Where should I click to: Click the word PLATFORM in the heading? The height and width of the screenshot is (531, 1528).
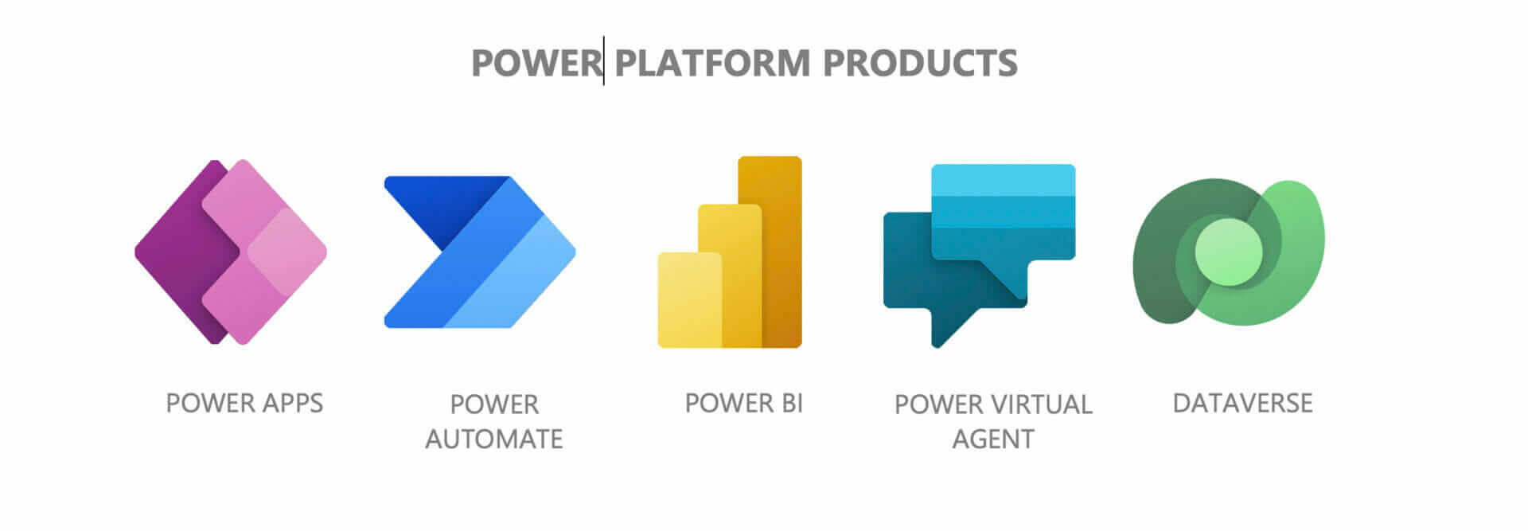click(x=712, y=63)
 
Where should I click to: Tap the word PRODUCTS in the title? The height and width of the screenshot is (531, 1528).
click(x=920, y=63)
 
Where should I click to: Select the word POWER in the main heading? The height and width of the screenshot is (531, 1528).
click(x=536, y=63)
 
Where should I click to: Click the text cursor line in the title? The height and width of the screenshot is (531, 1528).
click(x=603, y=61)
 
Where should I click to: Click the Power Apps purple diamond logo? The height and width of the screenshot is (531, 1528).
click(x=231, y=252)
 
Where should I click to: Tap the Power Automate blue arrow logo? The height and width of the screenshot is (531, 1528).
click(x=480, y=252)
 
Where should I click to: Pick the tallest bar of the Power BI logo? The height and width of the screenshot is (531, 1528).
click(x=770, y=252)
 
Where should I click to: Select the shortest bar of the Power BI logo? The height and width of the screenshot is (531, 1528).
click(x=689, y=299)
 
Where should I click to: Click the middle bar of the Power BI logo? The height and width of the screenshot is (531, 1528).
click(x=730, y=275)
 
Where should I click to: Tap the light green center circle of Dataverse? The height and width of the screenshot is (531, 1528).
click(x=1228, y=252)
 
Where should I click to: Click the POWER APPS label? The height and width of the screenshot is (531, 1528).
click(x=244, y=403)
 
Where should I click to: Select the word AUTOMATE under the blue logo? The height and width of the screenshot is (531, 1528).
click(x=493, y=439)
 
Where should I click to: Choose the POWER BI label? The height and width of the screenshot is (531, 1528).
click(x=743, y=403)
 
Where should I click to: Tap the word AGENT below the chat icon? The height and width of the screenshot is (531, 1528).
click(x=993, y=439)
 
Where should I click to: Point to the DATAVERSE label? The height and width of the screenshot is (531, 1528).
click(x=1242, y=403)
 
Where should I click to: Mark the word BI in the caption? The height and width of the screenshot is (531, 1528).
click(x=791, y=403)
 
